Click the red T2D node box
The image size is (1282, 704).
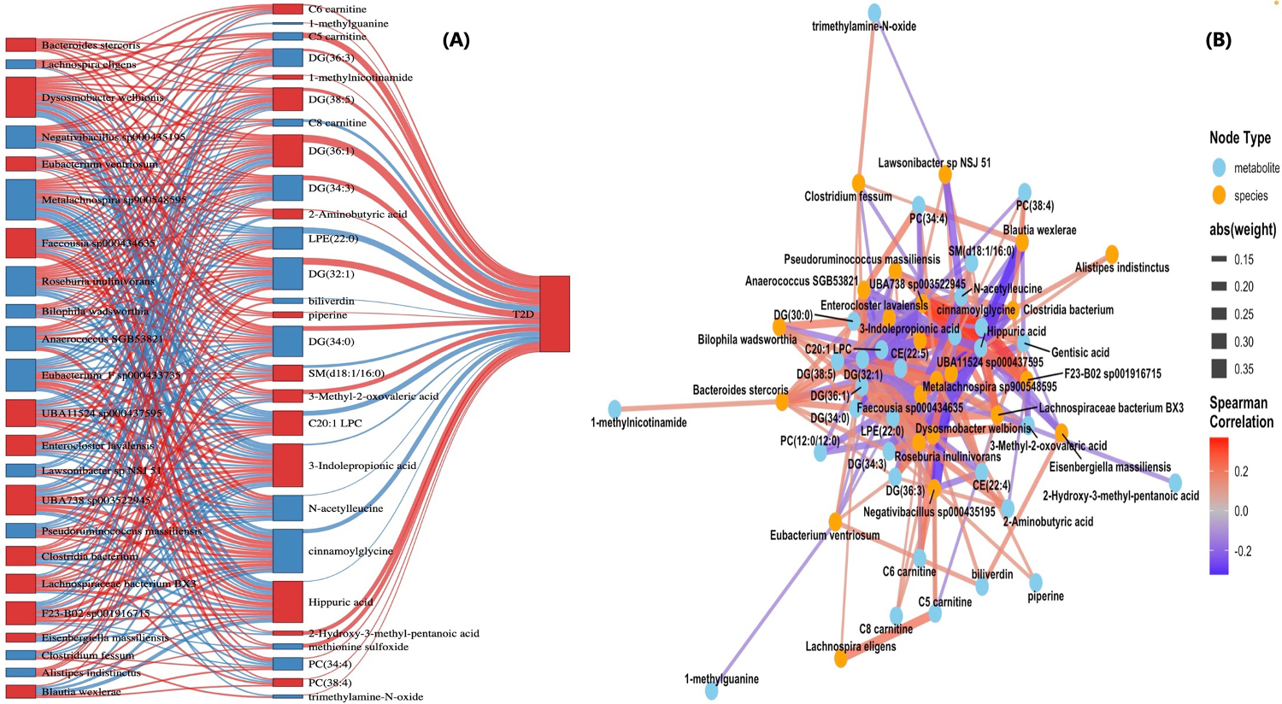point(554,314)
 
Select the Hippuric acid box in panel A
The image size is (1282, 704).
point(288,601)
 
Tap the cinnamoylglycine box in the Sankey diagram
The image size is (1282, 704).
point(288,551)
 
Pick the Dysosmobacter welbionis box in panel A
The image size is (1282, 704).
point(21,97)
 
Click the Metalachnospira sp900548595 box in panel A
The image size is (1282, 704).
point(21,200)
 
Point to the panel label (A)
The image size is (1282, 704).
point(456,40)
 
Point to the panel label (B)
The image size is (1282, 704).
point(1218,40)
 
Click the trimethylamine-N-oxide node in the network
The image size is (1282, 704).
point(874,12)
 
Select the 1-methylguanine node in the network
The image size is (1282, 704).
point(711,690)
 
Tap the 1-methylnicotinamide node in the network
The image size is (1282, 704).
point(614,408)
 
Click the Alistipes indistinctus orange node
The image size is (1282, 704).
point(1111,254)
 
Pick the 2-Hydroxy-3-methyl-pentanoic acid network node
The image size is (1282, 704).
point(1175,482)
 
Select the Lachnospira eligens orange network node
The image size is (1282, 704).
point(841,660)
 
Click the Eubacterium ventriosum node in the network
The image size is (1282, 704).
point(834,521)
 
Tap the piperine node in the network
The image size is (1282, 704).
point(1035,582)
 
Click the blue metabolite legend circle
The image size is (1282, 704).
point(1219,167)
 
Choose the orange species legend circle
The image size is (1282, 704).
point(1219,196)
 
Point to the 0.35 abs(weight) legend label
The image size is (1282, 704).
point(1244,369)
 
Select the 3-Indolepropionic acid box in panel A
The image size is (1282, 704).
point(288,465)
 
